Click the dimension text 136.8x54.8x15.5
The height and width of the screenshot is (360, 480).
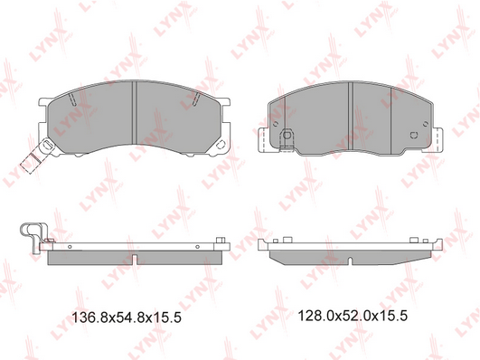point(127,317)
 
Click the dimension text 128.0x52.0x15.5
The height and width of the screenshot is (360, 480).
point(353,316)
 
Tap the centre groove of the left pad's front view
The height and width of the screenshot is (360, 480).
point(134,112)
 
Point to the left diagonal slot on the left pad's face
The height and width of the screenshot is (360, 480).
point(72,99)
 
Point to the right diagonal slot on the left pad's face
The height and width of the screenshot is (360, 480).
point(196,99)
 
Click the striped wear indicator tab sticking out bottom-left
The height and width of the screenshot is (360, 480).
point(31,163)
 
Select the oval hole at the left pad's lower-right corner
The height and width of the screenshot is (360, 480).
point(220,146)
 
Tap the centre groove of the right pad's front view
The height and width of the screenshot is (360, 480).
point(351,117)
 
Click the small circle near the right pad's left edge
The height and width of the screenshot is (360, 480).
point(275,124)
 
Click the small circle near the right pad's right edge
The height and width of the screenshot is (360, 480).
point(425,124)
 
